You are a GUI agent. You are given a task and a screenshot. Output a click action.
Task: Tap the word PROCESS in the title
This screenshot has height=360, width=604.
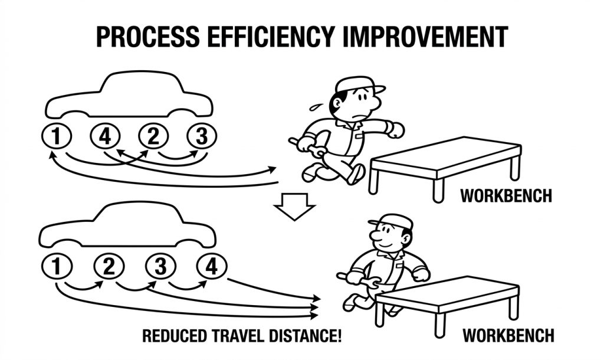(148, 37)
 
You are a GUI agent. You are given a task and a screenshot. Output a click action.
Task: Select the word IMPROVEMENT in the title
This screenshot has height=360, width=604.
(425, 37)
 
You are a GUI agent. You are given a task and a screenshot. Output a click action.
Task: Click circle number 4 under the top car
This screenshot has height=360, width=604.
(105, 136)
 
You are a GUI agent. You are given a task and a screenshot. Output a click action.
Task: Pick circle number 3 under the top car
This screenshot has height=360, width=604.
(202, 136)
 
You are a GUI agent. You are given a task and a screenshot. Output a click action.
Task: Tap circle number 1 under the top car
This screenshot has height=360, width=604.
(56, 136)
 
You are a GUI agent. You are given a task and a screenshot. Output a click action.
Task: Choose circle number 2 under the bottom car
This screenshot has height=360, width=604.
(109, 266)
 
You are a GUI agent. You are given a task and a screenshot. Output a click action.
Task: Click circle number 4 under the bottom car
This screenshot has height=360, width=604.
(212, 266)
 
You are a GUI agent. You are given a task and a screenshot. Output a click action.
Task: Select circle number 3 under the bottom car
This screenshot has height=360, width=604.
(160, 266)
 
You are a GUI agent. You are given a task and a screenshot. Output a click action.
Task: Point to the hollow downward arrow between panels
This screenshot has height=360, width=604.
(295, 206)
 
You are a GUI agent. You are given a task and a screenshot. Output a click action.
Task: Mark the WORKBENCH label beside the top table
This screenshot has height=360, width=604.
(506, 195)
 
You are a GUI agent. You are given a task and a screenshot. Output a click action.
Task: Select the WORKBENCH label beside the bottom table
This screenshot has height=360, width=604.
(508, 335)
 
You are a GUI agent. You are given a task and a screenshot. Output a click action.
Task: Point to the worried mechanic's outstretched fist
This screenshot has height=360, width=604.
(395, 130)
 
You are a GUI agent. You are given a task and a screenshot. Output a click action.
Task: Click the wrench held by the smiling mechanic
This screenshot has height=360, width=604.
(360, 280)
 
